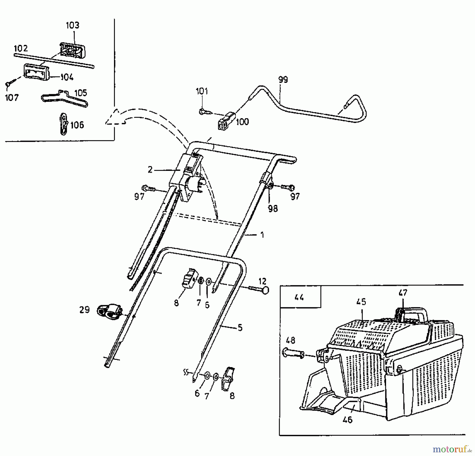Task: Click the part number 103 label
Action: (x=72, y=25)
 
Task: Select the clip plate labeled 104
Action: (x=36, y=72)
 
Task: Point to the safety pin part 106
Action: (x=63, y=124)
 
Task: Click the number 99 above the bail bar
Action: (x=283, y=80)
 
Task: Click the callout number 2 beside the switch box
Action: (x=150, y=170)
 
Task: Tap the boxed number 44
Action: (x=299, y=297)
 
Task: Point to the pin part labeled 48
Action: (x=293, y=353)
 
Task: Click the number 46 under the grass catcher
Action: (x=348, y=420)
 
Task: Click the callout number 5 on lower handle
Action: (x=240, y=328)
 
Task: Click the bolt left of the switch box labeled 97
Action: (x=149, y=188)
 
